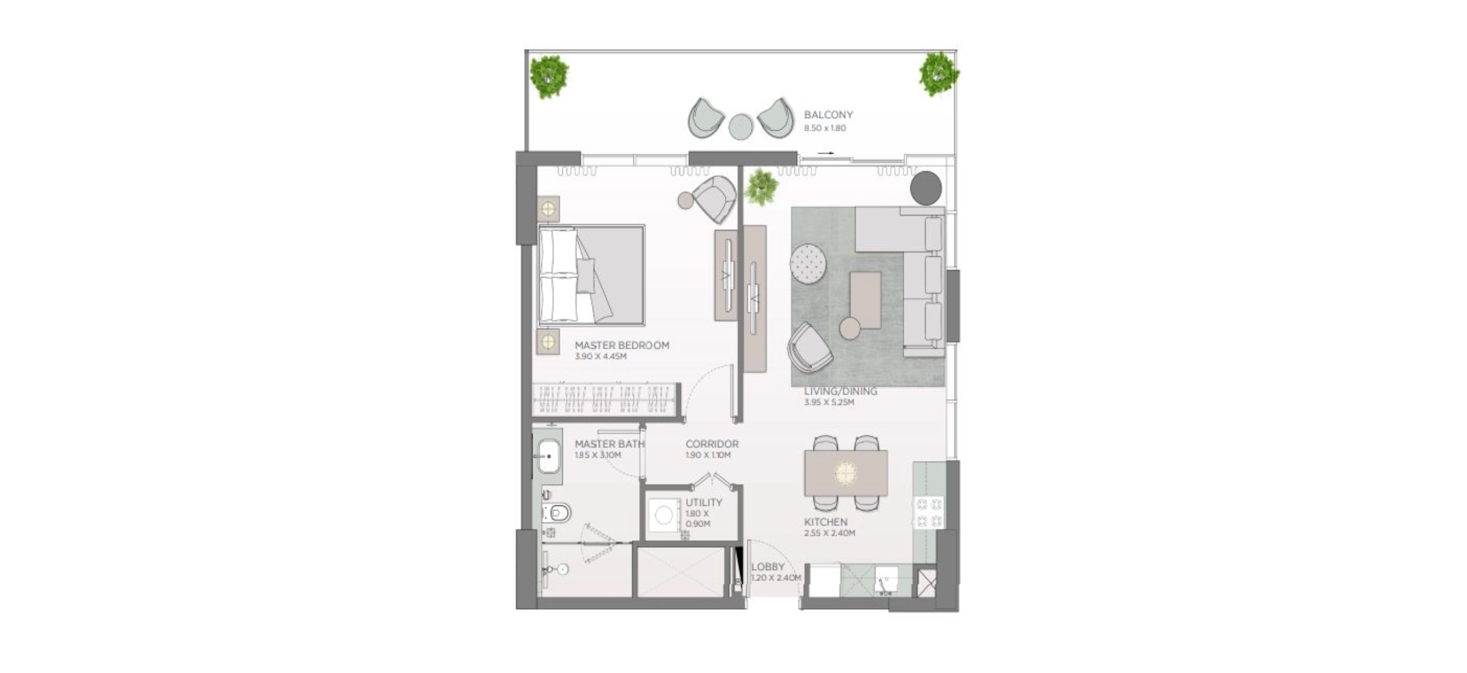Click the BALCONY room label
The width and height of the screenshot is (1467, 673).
tap(828, 115)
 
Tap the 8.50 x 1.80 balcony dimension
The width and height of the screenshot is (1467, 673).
tap(825, 128)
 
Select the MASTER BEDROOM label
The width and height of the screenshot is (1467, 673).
tap(622, 345)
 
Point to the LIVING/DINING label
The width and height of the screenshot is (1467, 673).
tap(840, 391)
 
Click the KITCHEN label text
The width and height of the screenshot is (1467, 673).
tap(826, 522)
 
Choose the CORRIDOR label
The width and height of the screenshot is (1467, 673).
tap(712, 444)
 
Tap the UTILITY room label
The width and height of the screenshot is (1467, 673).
tap(704, 503)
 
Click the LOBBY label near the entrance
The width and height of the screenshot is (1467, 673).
tap(767, 567)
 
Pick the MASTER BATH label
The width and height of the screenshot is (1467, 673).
tap(610, 444)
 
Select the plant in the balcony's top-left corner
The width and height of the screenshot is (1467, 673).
tap(549, 76)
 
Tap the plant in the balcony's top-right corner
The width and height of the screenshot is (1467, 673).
tap(938, 74)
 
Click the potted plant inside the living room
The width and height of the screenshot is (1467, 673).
tap(761, 187)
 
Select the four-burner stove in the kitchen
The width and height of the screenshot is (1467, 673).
tap(928, 511)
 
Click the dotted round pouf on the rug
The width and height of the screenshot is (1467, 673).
tap(808, 263)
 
